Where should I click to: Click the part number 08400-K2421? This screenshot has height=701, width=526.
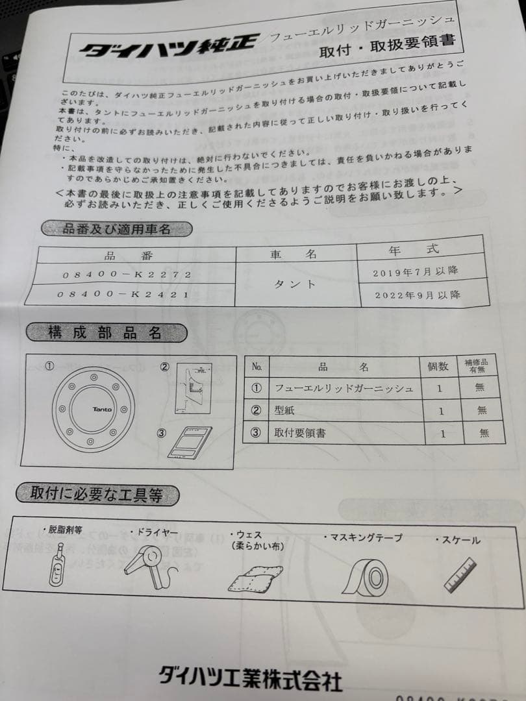coord(123,294)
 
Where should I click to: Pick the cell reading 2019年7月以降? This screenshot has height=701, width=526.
coord(420,271)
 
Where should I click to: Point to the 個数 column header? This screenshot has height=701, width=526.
coord(438,366)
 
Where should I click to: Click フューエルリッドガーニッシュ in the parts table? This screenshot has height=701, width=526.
coord(344,388)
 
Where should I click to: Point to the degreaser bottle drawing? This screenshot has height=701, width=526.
coord(58,564)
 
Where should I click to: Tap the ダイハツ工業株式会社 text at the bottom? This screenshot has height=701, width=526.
coord(249,678)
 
